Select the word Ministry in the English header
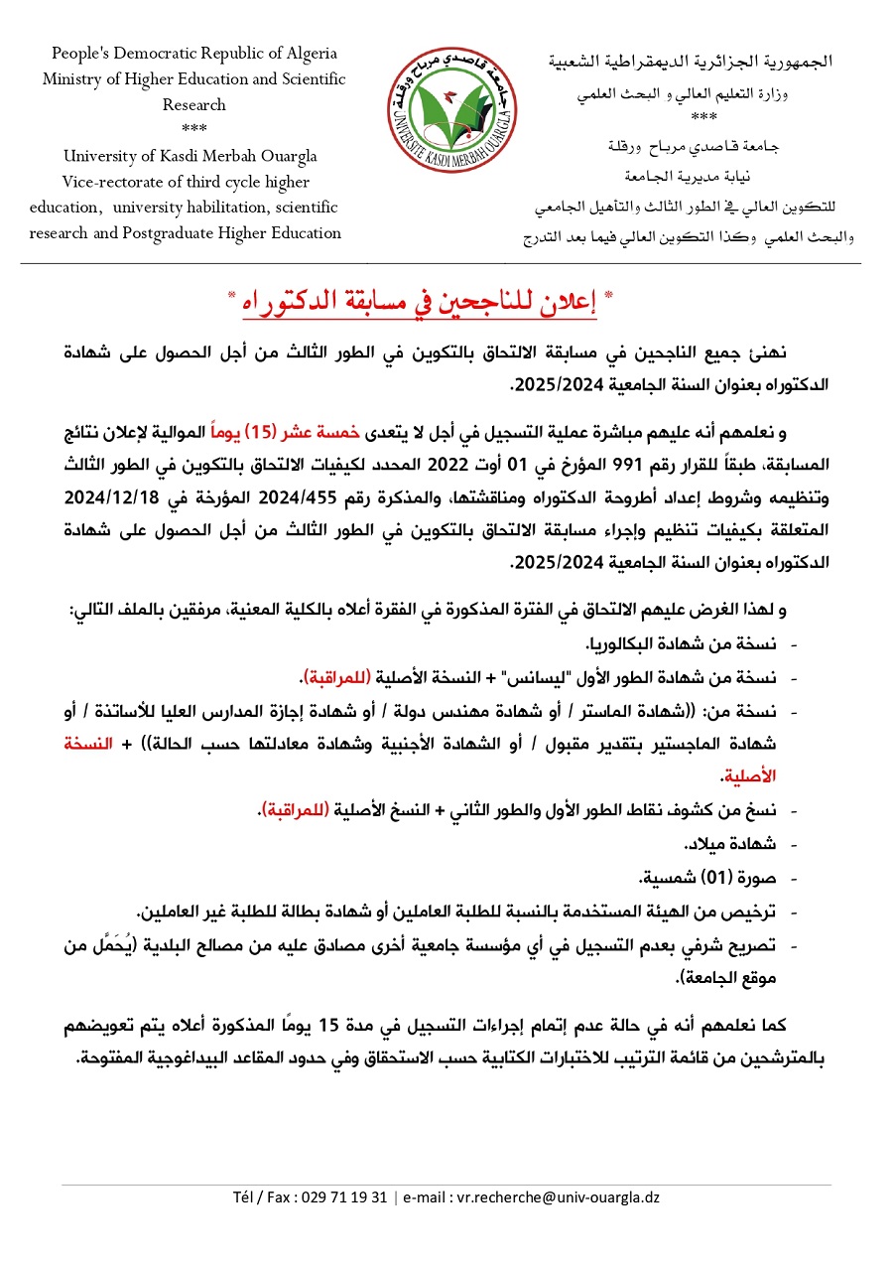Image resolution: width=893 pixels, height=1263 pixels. click(72, 79)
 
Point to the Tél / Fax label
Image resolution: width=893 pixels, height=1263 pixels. click(267, 1197)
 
